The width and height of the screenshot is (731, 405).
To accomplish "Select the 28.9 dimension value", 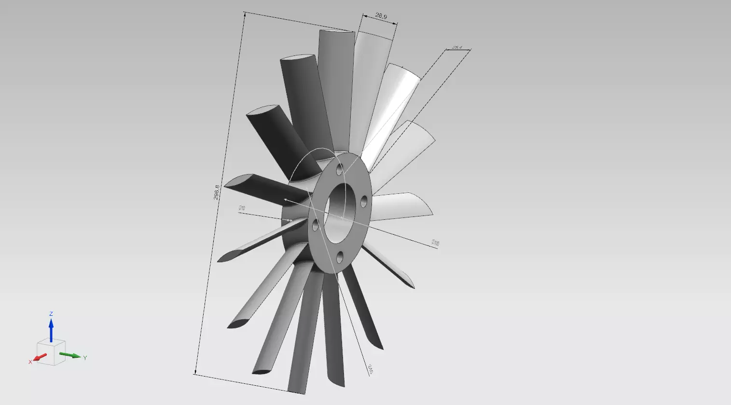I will click(381, 16).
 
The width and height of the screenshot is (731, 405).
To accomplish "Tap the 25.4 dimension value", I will click(457, 47).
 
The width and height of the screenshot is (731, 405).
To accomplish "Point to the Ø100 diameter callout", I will click(435, 243).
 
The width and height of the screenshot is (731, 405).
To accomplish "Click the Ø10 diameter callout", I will click(242, 208).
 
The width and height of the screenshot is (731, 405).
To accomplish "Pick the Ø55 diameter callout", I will click(370, 369).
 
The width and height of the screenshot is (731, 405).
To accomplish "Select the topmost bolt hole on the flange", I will click(340, 169).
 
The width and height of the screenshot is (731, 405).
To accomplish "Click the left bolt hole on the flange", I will click(316, 225).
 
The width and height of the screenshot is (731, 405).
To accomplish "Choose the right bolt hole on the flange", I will click(364, 200).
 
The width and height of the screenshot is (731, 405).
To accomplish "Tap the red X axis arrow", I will click(40, 357).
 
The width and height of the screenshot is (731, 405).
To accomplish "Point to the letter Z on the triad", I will click(51, 313).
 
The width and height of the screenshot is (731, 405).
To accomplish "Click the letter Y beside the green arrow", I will click(85, 358).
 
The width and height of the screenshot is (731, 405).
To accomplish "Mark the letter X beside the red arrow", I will click(30, 362).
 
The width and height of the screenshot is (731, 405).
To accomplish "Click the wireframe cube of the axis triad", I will click(51, 351).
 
